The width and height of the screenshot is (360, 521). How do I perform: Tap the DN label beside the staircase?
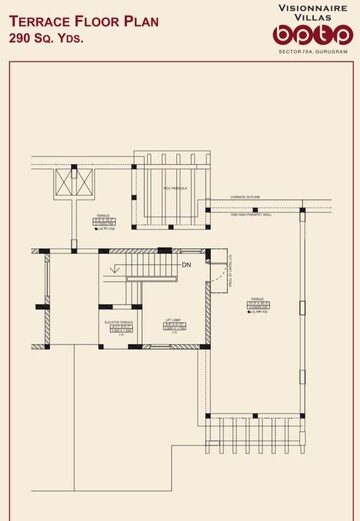click(186, 265)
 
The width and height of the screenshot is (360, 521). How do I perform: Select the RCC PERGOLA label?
click(176, 187)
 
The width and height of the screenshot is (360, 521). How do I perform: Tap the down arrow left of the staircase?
click(117, 267)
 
